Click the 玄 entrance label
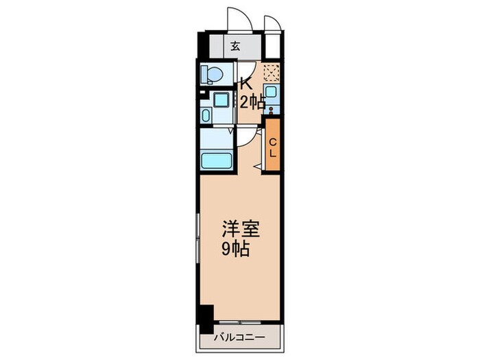click(235, 47)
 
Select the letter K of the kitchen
click(244, 84)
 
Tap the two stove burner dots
click(272, 108)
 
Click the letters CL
click(272, 147)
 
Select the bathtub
click(217, 162)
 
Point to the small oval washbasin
click(207, 115)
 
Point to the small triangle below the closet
click(257, 166)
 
